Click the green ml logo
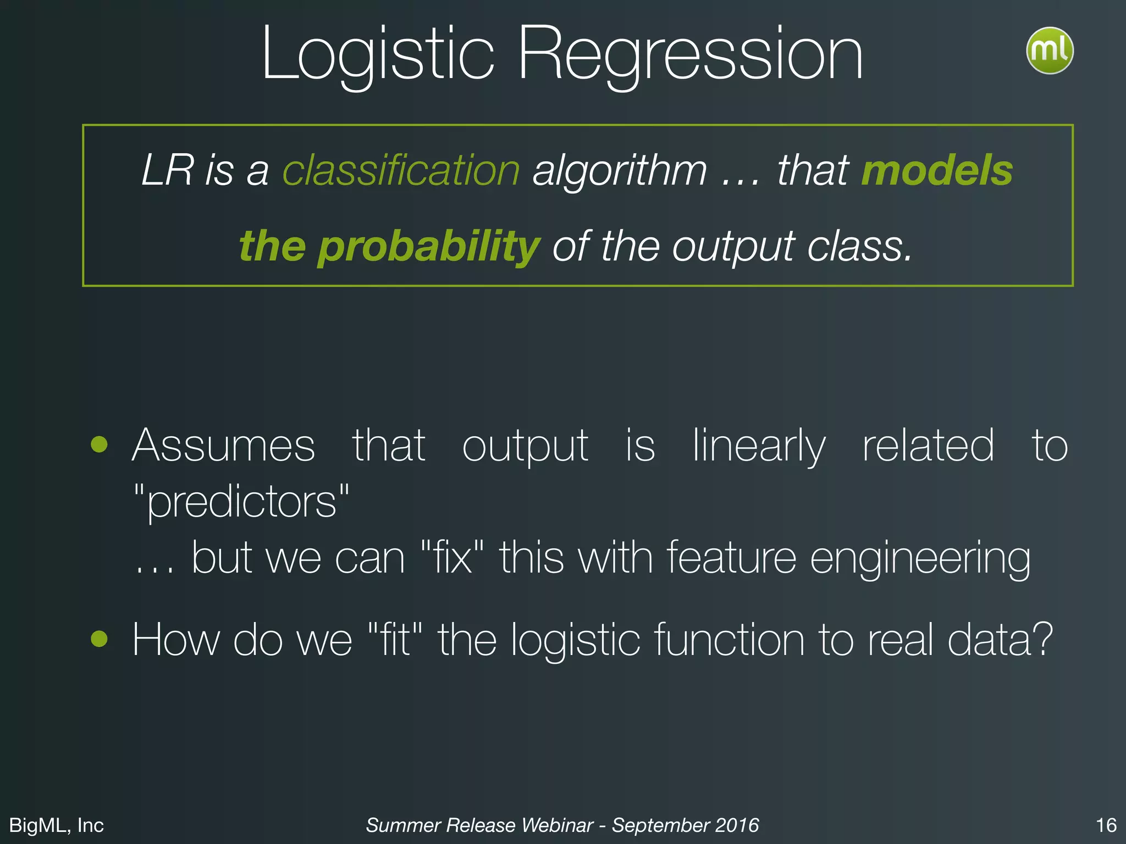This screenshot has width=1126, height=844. coord(1049,51)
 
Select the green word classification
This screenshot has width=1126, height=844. coord(401,170)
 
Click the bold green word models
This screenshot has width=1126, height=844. coord(937,170)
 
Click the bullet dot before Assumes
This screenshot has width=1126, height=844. coord(100,444)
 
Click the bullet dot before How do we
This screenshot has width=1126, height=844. coord(100,638)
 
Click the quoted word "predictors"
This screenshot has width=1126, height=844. coord(242,501)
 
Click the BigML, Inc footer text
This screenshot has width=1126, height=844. coord(57,825)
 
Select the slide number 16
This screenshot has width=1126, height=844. coord(1106,825)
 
